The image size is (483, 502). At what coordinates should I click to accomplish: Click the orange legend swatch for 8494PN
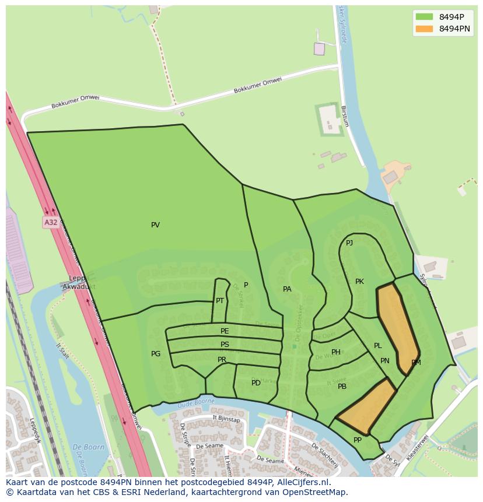(424, 29)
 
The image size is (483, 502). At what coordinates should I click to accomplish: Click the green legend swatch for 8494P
(424, 16)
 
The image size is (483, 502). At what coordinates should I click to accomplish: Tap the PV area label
(155, 225)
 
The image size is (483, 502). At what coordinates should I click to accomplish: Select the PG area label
(156, 354)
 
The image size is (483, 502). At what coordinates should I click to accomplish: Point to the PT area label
(220, 301)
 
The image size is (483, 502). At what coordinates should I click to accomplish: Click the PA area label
(287, 289)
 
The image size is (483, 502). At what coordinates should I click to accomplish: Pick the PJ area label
(349, 243)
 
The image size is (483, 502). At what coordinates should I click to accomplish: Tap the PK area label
(359, 282)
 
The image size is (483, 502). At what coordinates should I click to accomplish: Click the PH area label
(336, 352)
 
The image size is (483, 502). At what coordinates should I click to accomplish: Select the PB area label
(342, 387)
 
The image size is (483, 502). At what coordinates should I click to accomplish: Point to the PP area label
(358, 440)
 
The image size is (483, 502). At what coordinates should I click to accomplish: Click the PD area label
(256, 383)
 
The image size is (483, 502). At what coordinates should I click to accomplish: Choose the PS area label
(225, 345)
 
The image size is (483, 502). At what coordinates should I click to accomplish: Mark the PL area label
(377, 346)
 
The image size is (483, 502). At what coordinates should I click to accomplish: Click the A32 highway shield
(51, 222)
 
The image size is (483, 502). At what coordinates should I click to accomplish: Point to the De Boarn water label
(84, 448)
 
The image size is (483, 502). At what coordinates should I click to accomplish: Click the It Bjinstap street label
(226, 419)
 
